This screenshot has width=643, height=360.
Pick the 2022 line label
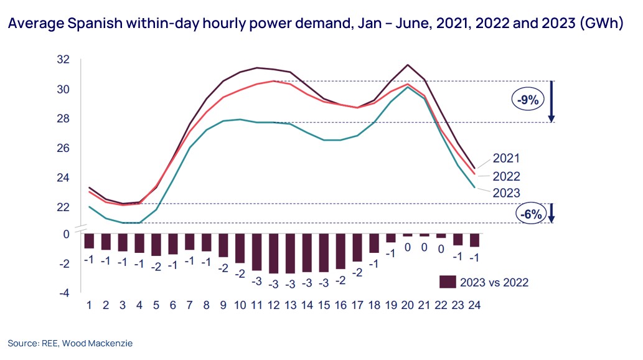point(506,176)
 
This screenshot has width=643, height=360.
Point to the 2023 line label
point(506,192)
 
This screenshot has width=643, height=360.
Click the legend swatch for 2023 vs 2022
point(447,282)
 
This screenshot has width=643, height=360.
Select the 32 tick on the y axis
point(63,60)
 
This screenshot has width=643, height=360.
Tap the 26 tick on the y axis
point(63,148)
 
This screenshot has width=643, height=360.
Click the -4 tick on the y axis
point(63,293)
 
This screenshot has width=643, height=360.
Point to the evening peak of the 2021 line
point(408,65)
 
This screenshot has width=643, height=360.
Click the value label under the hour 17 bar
point(357,272)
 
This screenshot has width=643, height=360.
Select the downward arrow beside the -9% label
point(551,102)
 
